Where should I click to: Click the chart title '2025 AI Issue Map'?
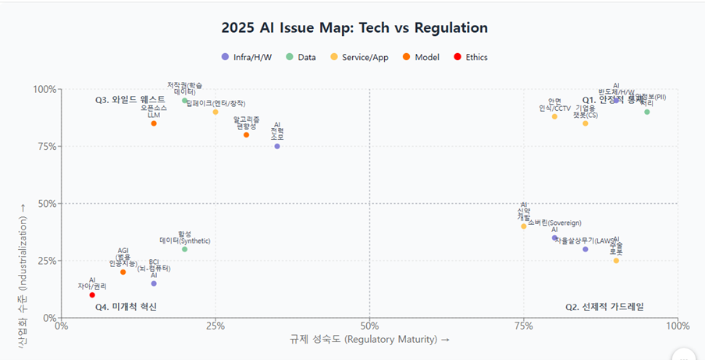(354, 28)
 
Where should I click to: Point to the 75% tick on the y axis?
(45, 146)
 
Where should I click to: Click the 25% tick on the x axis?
(215, 325)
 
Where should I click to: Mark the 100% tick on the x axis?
(676, 325)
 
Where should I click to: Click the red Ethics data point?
(92, 295)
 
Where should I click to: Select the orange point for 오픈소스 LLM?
(154, 123)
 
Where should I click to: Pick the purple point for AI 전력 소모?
(277, 146)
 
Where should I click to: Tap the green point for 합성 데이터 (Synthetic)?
(185, 249)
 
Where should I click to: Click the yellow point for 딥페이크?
(215, 112)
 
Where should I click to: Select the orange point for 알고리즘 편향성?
(247, 134)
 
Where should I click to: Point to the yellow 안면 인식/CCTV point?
(554, 116)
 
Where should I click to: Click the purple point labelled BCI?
(154, 283)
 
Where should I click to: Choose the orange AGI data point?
(123, 272)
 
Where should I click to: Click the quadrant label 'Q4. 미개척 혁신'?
(126, 307)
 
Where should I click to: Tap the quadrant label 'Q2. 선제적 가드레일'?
(605, 307)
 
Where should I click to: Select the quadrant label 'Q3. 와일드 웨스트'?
(125, 100)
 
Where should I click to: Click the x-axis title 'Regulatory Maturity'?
(369, 340)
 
